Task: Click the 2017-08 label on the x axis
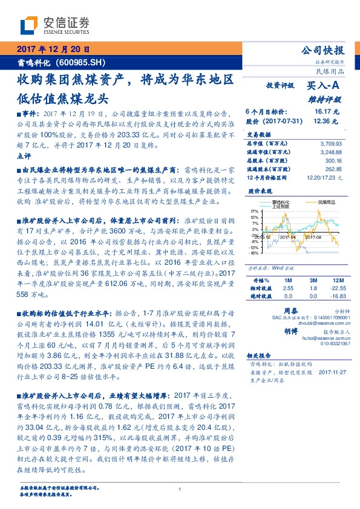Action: click(x=319, y=238)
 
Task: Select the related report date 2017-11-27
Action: click(x=331, y=373)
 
